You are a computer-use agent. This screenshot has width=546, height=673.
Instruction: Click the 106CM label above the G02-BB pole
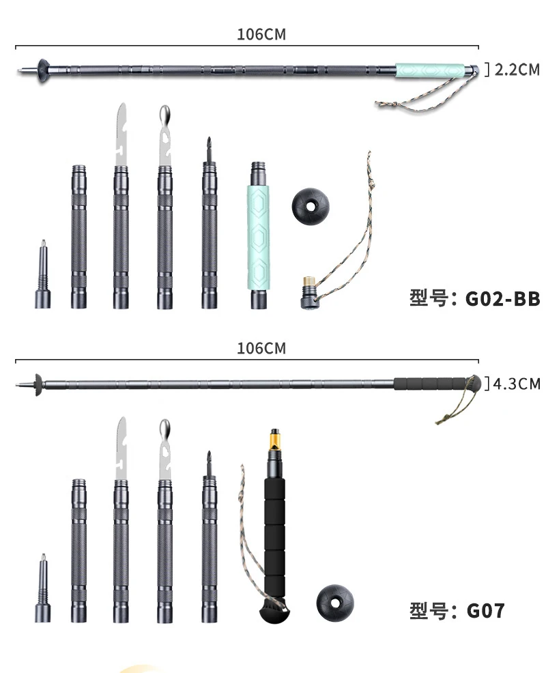coord(261,35)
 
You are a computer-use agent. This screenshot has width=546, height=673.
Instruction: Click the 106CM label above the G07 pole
coord(261,348)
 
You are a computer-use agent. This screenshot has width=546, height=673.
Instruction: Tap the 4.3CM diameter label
coord(516,383)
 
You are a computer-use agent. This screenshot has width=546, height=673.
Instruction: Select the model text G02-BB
coord(503,299)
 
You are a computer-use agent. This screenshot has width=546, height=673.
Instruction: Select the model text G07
coord(486,610)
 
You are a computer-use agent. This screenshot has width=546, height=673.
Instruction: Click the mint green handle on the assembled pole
coord(434,70)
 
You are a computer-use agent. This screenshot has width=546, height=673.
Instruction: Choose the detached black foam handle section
coord(275,539)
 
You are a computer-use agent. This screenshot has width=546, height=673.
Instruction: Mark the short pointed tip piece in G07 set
coord(44,590)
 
